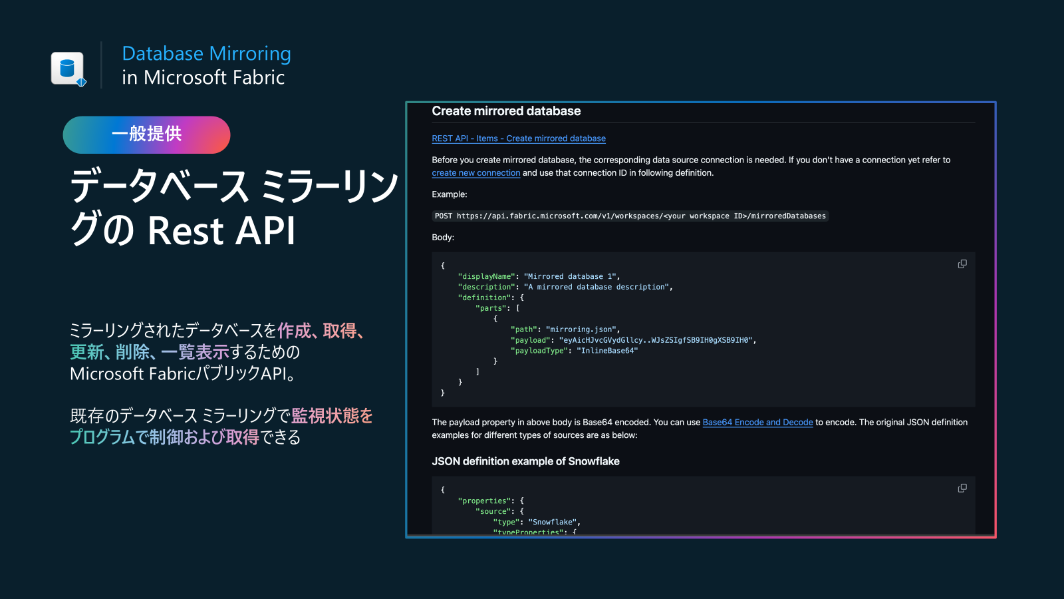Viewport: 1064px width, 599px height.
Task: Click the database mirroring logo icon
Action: [x=68, y=69]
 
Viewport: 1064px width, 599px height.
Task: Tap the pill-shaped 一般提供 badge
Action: [x=146, y=134]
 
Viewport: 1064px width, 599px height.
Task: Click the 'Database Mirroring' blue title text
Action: [x=206, y=53]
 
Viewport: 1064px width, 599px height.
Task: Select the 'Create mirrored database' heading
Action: [x=506, y=110]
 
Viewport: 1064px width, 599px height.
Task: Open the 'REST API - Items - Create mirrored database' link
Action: [x=518, y=138]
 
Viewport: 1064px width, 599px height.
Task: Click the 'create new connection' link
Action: [x=475, y=173]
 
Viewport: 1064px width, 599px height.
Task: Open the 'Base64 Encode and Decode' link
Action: [x=757, y=422]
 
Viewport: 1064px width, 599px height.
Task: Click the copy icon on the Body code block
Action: [x=962, y=264]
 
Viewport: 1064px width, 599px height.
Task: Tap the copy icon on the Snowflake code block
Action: [x=962, y=489]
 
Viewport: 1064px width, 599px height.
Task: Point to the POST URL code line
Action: [x=630, y=216]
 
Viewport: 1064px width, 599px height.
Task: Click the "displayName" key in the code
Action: [x=486, y=276]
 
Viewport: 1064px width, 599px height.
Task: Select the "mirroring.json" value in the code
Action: [x=581, y=329]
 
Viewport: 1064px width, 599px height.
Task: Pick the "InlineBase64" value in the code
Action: [x=607, y=350]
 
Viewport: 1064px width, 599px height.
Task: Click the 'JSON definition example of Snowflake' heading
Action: [x=525, y=461]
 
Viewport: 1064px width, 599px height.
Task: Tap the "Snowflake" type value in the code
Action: [x=552, y=522]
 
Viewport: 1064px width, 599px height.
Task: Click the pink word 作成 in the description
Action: [x=294, y=330]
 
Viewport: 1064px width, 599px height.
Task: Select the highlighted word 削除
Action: [x=132, y=352]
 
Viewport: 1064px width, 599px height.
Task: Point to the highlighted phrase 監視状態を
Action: [x=332, y=416]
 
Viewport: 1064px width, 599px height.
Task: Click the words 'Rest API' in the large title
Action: [x=221, y=230]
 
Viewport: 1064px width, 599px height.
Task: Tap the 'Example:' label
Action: [x=450, y=194]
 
